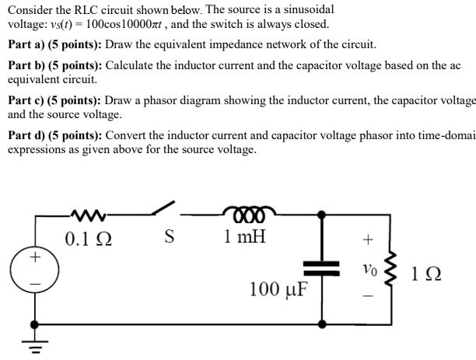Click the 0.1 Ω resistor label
(86, 237)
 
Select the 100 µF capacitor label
(278, 290)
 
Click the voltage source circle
(33, 269)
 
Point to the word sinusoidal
(303, 9)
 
